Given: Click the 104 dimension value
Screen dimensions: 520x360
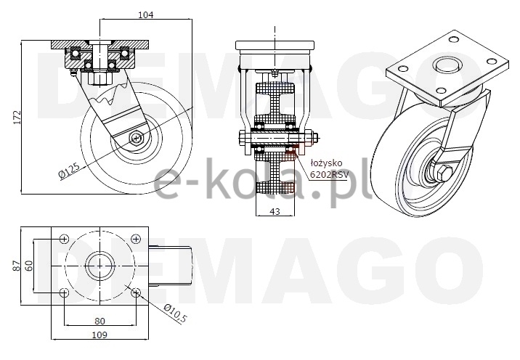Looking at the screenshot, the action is (146, 15).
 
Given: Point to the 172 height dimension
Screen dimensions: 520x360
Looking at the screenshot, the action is (17, 117).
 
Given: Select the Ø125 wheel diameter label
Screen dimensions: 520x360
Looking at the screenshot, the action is (69, 171).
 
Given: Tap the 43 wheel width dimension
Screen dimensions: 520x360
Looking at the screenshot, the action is (275, 210).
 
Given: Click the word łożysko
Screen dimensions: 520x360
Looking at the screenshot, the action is (326, 163).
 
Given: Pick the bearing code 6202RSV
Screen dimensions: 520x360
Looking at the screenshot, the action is (329, 174).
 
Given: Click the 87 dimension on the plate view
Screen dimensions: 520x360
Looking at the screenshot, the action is (17, 266).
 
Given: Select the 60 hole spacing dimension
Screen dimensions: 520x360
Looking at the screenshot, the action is (29, 266).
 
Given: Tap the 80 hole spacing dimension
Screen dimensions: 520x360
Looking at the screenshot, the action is (99, 321).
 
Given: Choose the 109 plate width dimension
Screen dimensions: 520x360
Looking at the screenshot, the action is (99, 335).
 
